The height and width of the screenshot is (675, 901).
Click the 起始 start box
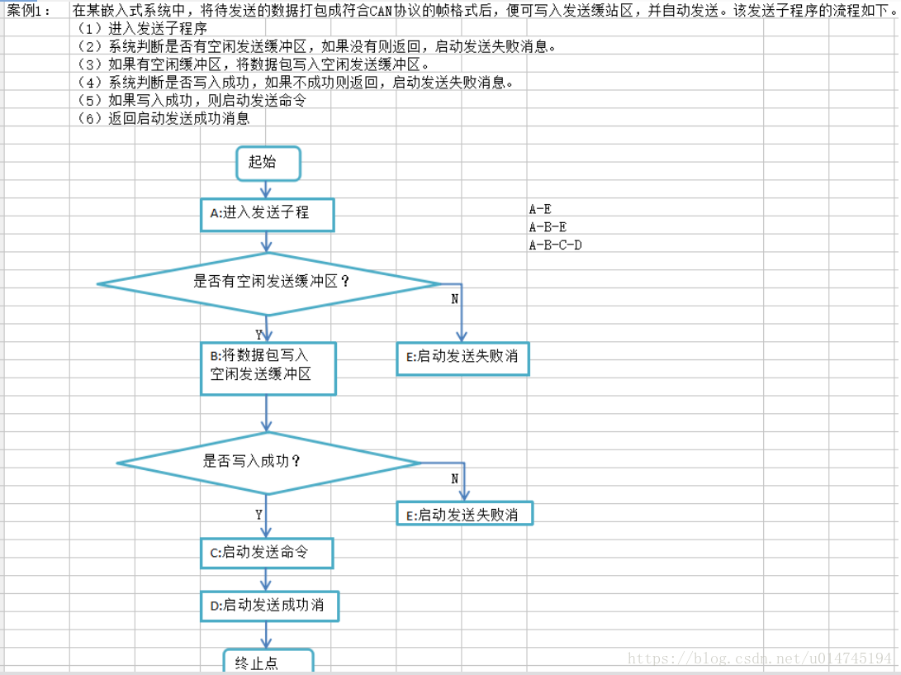268,164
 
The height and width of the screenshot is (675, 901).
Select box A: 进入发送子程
268,215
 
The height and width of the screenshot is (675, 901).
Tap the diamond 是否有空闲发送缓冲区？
269,284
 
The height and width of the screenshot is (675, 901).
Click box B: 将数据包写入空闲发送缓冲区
268,368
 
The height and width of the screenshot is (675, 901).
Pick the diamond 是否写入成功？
269,463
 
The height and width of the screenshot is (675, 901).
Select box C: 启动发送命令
267,553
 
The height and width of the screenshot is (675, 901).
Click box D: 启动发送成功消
269,606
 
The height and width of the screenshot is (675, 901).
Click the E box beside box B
462,359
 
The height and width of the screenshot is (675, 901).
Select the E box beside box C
465,513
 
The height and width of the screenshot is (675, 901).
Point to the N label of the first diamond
454,299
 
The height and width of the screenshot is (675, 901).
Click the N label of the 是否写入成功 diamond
454,478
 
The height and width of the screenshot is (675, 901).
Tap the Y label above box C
258,515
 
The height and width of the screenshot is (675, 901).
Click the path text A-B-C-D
555,245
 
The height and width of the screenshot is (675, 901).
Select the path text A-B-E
548,227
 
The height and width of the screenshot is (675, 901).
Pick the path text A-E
540,209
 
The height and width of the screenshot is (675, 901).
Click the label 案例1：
29,10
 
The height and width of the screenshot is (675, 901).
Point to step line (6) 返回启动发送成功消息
164,118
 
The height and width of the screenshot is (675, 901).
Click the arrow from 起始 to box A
265,189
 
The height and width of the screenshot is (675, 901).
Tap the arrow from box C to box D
265,579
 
